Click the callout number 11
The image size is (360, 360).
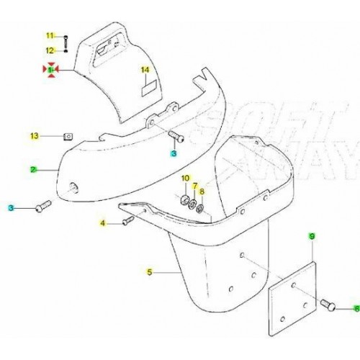tap(50, 36)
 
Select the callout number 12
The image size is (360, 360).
tap(50, 50)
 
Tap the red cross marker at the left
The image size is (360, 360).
tap(50, 70)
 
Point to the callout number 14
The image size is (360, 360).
tap(145, 70)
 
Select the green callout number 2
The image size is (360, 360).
tap(33, 170)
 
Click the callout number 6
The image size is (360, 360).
tap(355, 308)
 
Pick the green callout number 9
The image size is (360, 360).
tap(312, 237)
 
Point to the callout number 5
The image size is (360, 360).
tap(150, 272)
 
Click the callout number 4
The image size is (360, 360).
tap(103, 224)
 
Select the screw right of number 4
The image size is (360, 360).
tap(126, 222)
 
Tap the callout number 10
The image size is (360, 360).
tap(184, 178)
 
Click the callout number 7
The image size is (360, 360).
tap(194, 186)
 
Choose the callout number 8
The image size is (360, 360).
tap(202, 192)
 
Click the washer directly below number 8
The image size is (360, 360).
tap(200, 210)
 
